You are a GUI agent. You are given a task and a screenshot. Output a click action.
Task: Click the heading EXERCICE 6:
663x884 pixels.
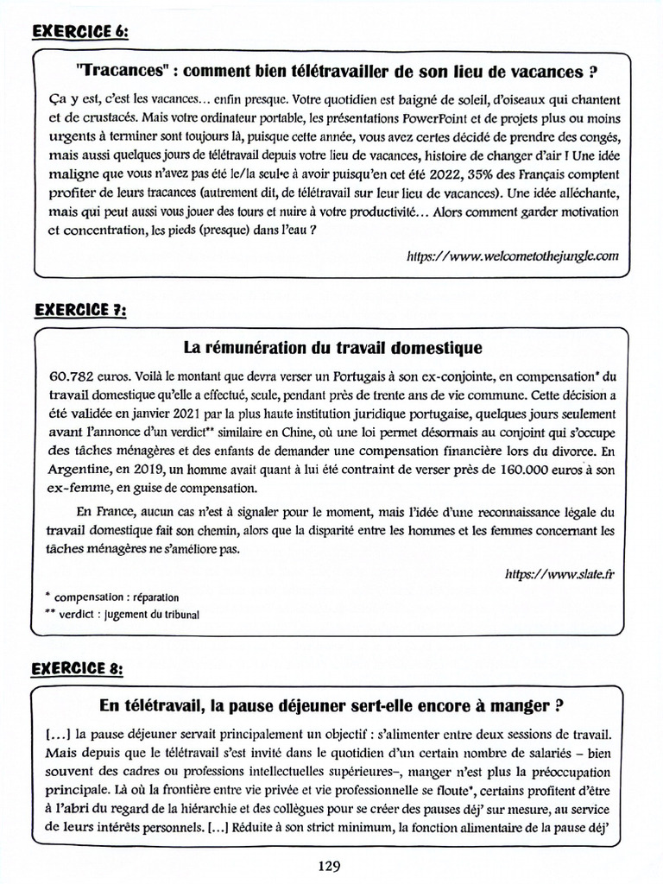pos(80,34)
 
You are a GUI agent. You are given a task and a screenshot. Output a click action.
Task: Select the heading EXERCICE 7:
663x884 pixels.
pos(80,310)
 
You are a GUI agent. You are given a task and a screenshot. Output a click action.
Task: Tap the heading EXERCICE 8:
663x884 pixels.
pos(80,669)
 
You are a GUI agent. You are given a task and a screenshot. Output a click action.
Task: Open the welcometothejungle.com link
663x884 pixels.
pos(513,256)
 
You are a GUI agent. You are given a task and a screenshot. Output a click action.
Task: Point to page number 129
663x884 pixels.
pos(331,864)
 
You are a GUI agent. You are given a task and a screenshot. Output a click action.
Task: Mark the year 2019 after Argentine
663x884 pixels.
pos(138,470)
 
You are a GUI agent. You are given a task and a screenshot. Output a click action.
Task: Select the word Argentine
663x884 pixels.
pos(73,470)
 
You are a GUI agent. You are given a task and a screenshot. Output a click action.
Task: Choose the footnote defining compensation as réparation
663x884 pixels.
pos(111,597)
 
